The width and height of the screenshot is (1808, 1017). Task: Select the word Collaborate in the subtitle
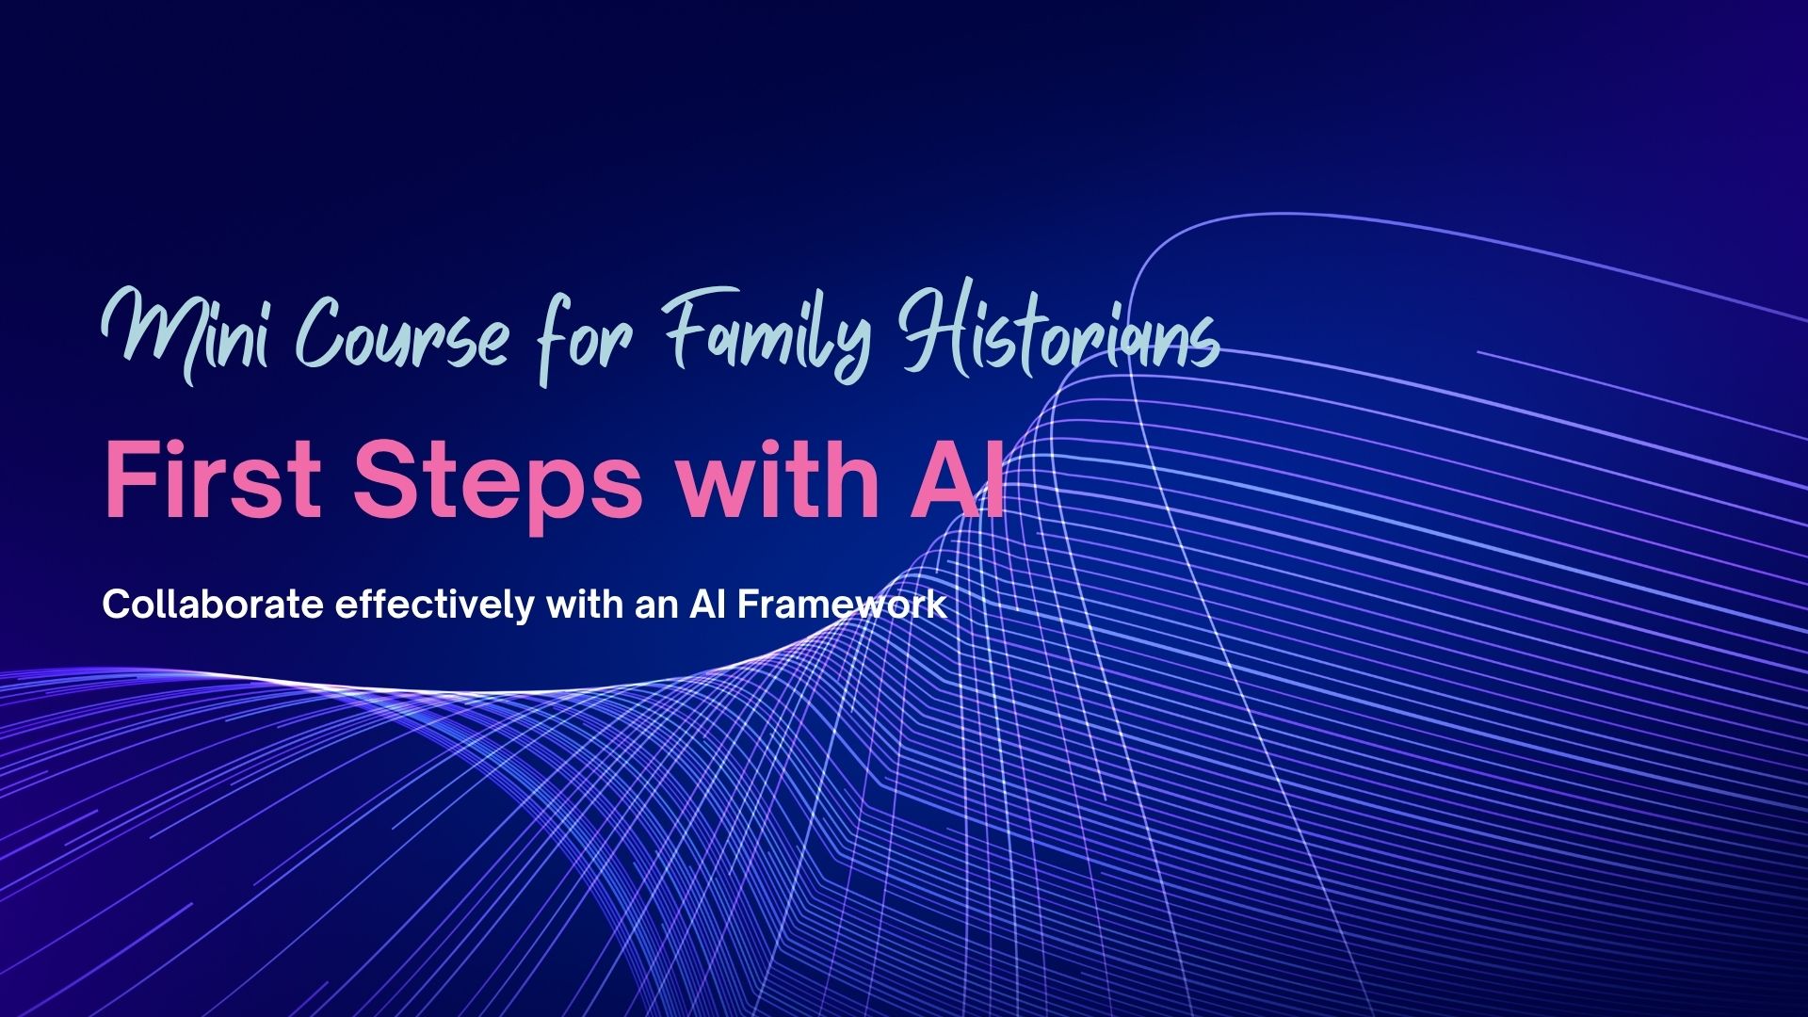click(x=213, y=605)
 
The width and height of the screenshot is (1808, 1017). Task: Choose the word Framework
click(x=842, y=605)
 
